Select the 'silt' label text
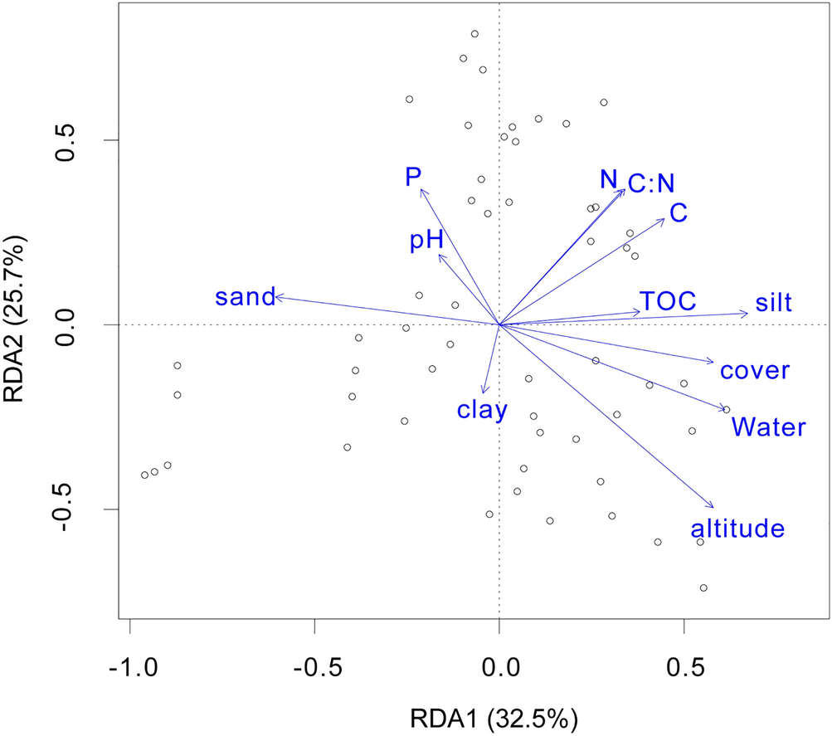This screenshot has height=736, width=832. tap(773, 304)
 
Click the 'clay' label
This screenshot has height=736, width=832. tap(481, 409)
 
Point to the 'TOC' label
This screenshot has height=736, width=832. tap(667, 300)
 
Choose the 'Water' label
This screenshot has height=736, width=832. tap(768, 428)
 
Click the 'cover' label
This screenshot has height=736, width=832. tap(754, 371)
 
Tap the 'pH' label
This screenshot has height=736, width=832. tap(427, 241)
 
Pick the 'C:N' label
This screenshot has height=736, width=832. tap(651, 184)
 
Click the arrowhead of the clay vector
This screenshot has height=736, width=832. tap(484, 393)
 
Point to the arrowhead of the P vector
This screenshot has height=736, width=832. tap(421, 189)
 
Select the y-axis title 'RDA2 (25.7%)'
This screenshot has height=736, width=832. tap(20, 322)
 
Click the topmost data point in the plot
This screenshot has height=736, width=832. tap(474, 34)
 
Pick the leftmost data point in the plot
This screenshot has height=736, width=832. tap(144, 475)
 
